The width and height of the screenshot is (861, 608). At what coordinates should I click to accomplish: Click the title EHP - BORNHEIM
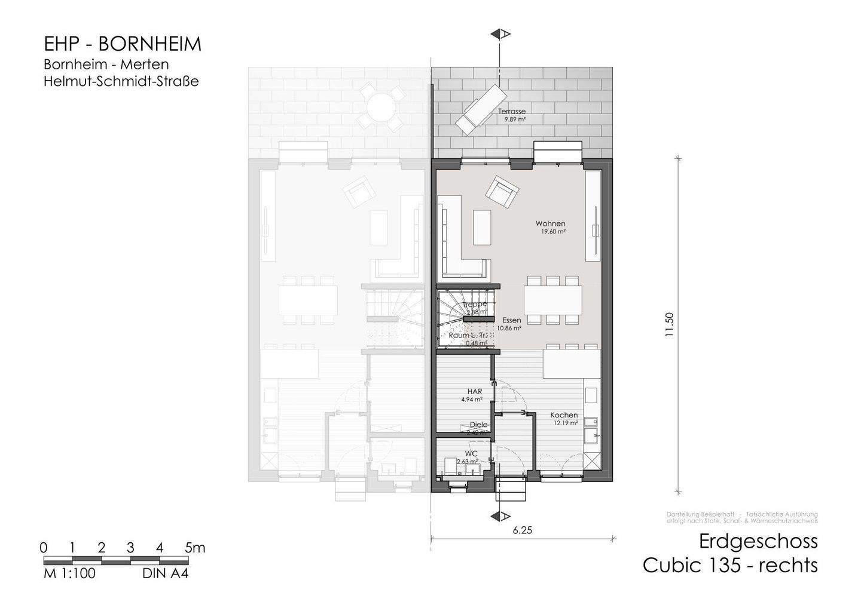(123, 44)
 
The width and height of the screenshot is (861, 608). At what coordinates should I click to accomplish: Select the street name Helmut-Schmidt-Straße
(121, 81)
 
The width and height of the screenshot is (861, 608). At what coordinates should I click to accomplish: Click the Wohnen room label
(550, 224)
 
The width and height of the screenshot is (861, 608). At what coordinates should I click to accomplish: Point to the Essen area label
(511, 320)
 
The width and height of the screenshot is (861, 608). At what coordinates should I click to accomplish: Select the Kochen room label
(564, 415)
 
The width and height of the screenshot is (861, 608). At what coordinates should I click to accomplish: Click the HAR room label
(475, 392)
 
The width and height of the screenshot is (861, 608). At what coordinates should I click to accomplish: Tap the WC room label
(471, 453)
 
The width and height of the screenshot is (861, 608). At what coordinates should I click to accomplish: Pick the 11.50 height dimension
(669, 325)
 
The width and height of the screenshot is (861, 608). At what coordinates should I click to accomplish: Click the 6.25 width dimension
(522, 530)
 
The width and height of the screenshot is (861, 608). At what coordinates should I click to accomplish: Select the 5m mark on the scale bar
(195, 548)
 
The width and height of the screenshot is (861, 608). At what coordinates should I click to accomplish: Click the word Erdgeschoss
(758, 541)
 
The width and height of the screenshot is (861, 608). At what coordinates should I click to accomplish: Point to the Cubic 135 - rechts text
(729, 565)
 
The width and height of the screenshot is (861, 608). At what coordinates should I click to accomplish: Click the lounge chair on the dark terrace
(481, 108)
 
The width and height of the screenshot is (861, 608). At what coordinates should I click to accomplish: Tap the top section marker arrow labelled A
(499, 35)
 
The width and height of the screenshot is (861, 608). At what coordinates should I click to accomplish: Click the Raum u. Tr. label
(468, 336)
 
